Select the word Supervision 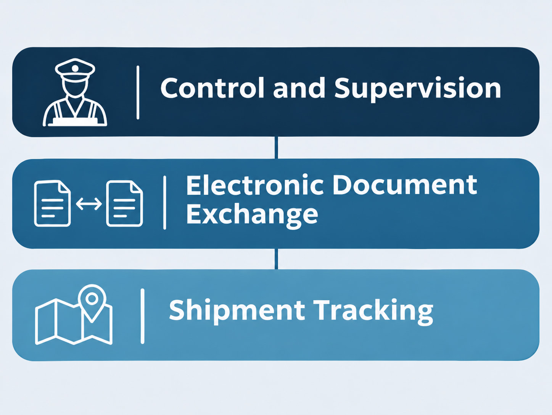click(x=417, y=90)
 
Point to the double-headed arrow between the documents click(x=89, y=203)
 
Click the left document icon click(x=52, y=203)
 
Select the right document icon click(x=124, y=203)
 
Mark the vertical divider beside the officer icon click(x=138, y=92)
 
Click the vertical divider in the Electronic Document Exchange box click(x=165, y=203)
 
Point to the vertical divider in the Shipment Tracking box click(x=143, y=316)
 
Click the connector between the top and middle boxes click(x=276, y=148)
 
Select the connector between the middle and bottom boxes click(x=276, y=259)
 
